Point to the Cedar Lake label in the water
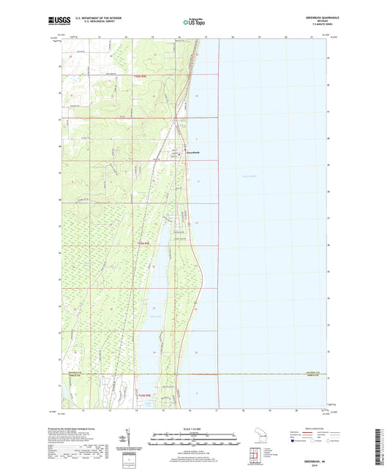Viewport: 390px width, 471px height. pos(156,316)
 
